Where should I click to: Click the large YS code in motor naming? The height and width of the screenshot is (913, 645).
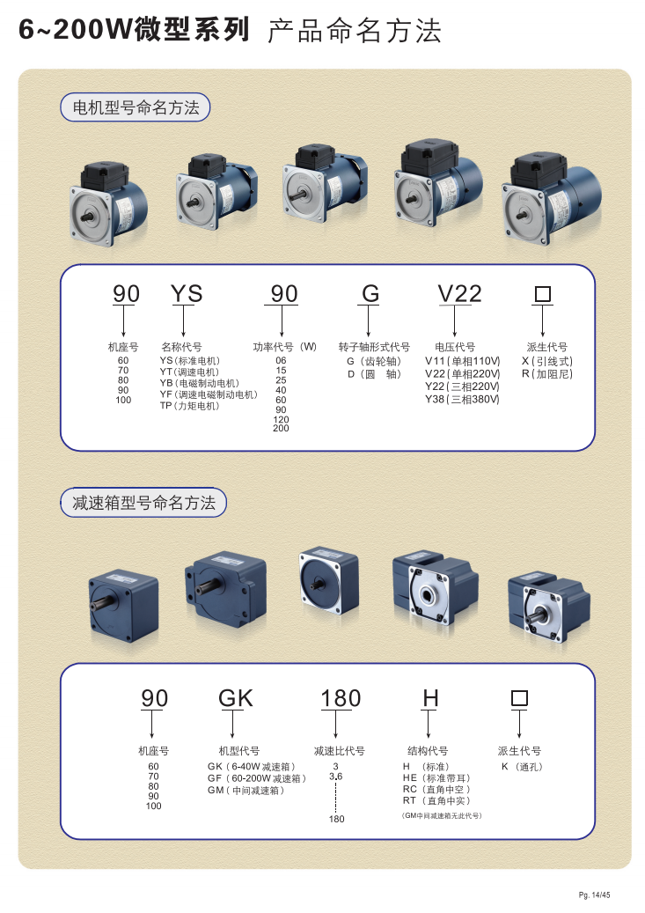[x=187, y=293]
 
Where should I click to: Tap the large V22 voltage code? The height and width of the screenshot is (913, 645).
[x=459, y=293]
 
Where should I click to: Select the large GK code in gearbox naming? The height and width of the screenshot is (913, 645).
[x=235, y=697]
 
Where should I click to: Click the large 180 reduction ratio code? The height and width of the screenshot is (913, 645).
[x=341, y=697]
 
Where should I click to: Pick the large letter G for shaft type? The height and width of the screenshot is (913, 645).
[x=370, y=293]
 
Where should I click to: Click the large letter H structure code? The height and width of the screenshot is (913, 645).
[x=430, y=697]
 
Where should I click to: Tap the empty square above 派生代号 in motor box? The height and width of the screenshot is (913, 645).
[x=543, y=293]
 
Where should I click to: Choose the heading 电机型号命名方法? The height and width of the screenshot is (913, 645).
[x=136, y=107]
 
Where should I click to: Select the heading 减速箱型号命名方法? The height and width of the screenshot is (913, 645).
[x=143, y=503]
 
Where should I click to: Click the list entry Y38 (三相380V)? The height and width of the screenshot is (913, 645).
[x=462, y=399]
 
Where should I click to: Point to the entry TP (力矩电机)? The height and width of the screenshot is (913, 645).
[x=190, y=406]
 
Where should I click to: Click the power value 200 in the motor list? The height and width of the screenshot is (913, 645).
[x=281, y=428]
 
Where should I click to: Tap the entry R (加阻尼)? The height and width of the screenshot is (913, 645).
[x=547, y=374]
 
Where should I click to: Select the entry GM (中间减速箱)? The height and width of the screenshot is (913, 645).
[x=246, y=790]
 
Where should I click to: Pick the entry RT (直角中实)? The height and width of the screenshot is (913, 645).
[x=436, y=800]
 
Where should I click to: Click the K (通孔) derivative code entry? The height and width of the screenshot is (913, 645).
[x=522, y=767]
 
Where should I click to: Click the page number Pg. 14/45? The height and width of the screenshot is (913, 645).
[x=594, y=895]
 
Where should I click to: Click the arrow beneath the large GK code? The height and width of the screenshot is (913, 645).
[x=233, y=725]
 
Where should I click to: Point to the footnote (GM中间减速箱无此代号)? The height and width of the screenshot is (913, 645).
[x=442, y=816]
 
